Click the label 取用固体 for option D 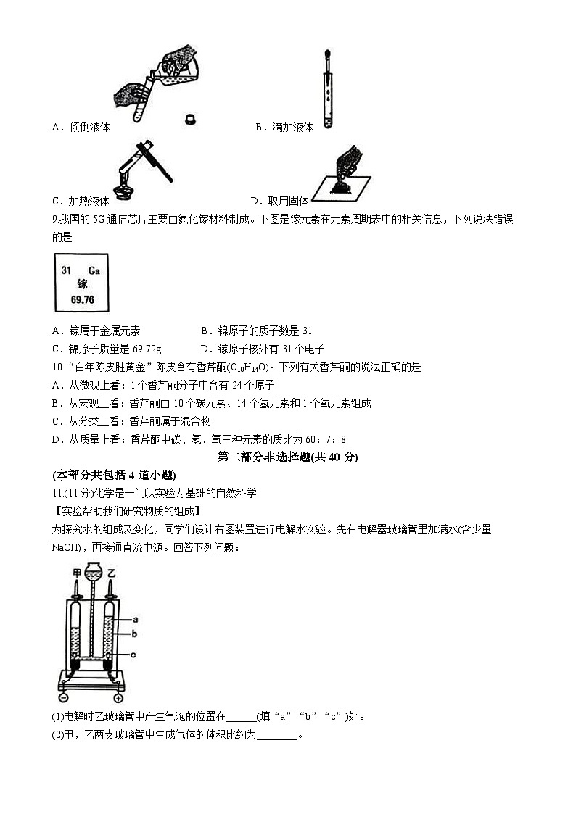point(288,201)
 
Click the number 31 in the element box point(67,270)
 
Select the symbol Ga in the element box point(93,270)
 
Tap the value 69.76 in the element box point(81,299)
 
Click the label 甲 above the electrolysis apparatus point(76,573)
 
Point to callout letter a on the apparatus point(136,620)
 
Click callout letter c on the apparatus point(136,655)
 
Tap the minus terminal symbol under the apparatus point(64,698)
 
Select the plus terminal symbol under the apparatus point(118,698)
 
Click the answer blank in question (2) point(278,735)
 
